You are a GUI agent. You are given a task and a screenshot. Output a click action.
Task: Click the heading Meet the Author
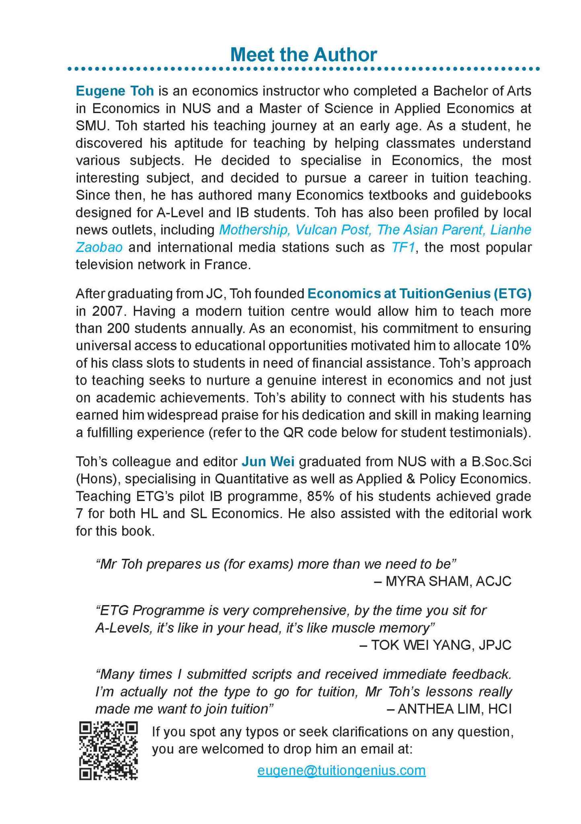(304, 55)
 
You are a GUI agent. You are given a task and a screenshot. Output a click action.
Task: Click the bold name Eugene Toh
(115, 91)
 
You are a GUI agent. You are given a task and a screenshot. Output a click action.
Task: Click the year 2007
(107, 311)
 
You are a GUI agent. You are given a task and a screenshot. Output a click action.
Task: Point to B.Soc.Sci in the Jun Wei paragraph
(501, 461)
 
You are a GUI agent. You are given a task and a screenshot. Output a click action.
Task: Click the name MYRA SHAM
(428, 581)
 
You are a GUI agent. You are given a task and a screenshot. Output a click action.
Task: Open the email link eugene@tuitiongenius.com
(341, 770)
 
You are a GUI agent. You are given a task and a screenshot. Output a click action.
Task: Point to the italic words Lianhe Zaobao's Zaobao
(99, 247)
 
